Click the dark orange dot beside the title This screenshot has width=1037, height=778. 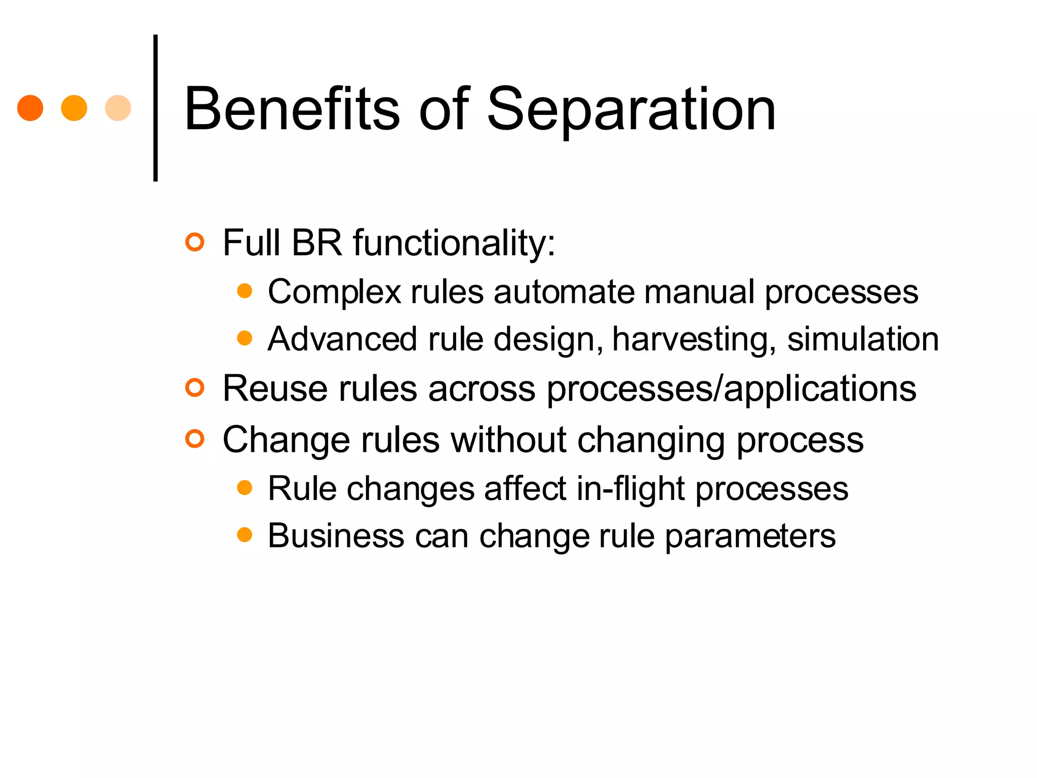[30, 108]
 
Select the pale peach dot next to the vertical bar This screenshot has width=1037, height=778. [118, 108]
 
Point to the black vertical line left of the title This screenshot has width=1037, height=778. [155, 108]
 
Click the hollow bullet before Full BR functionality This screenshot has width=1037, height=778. [194, 242]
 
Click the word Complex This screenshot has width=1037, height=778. [334, 292]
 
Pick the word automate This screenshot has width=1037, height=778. [564, 292]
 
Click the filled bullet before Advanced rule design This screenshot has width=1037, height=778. [245, 338]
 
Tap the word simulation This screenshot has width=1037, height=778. [863, 339]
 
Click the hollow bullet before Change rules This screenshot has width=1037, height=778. [194, 439]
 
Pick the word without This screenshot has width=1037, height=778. [508, 439]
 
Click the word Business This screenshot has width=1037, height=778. [336, 536]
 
